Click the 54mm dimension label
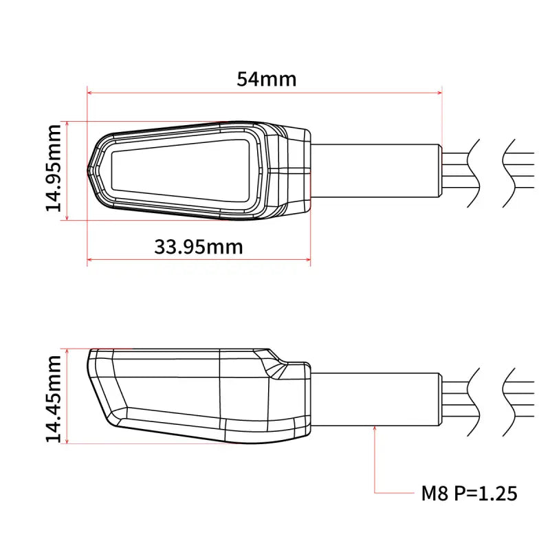pos(267,79)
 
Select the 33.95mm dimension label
pos(198,246)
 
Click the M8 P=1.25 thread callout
pos(469,493)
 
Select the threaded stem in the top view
pos(375,170)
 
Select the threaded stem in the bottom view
pos(375,398)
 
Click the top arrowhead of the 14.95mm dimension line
pos(67,124)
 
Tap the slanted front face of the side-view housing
pos(101,388)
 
